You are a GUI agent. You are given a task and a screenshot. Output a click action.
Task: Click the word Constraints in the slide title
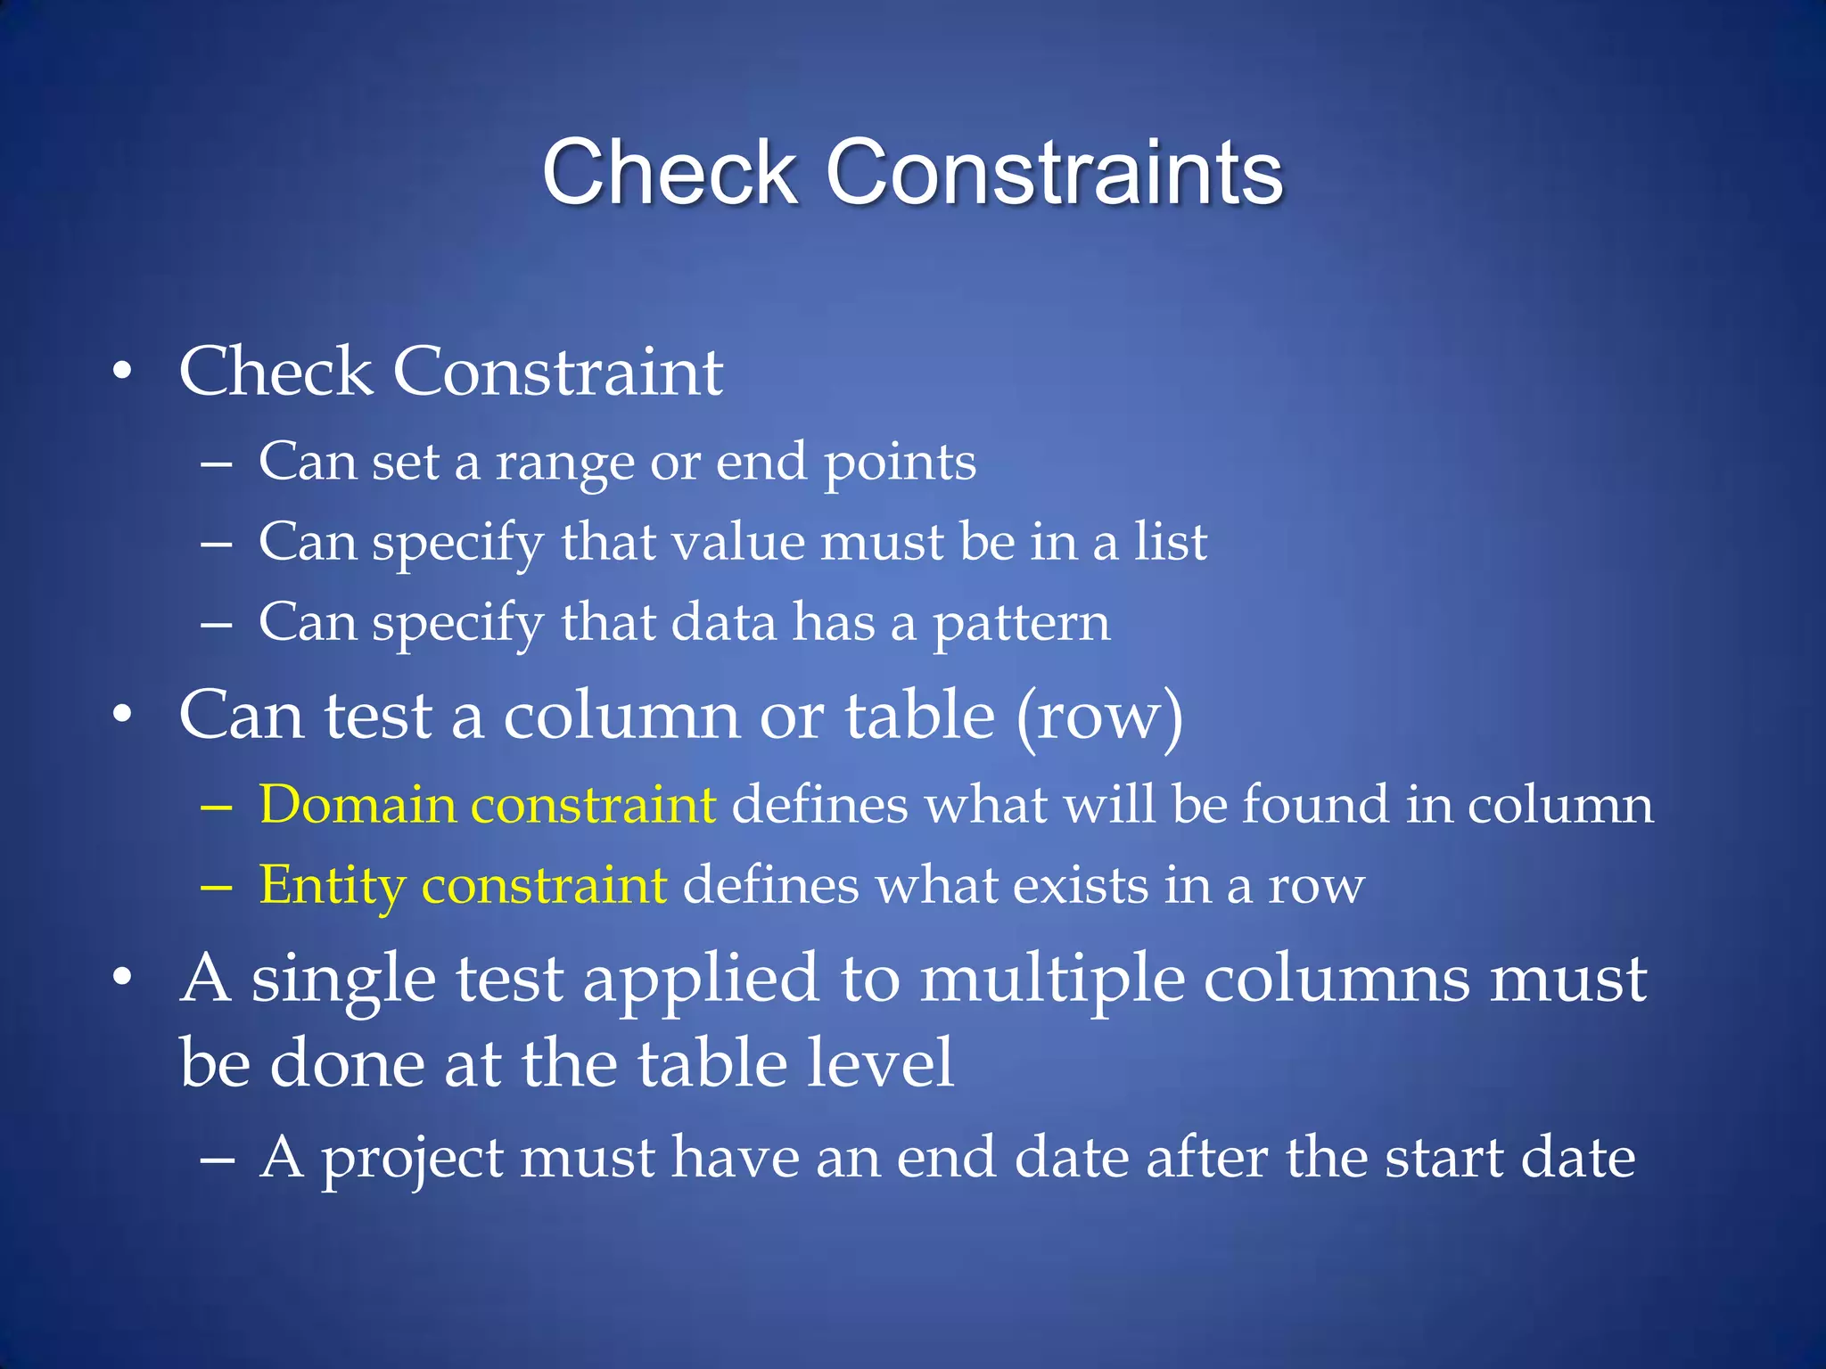1054,173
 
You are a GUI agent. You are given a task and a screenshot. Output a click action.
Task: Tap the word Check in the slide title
669,173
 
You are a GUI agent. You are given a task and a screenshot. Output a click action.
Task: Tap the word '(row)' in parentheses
1099,716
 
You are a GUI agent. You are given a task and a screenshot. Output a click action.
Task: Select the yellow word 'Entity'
332,885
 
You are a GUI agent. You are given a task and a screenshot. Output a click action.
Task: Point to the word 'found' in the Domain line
1315,804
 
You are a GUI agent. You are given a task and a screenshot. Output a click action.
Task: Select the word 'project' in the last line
412,1159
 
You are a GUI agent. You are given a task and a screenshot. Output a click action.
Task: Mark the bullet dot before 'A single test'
123,979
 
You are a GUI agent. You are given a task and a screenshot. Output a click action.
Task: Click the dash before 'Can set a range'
217,465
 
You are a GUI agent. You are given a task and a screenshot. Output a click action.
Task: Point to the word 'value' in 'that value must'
737,541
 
